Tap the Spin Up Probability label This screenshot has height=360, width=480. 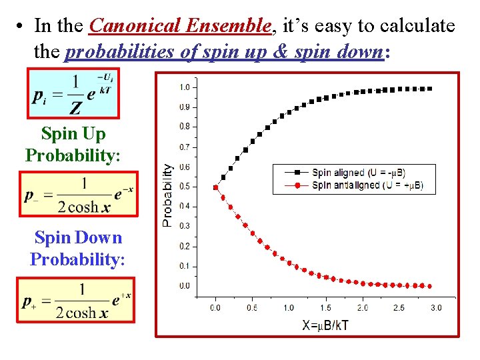coord(73,145)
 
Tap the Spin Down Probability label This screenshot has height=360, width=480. coord(77,249)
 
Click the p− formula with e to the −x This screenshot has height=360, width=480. coord(78,195)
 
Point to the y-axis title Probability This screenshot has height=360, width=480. coord(168,196)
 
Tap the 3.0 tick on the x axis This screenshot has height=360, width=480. coord(435,308)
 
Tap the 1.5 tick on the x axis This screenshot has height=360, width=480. coord(325,308)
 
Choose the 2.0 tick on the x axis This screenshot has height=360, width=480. coord(362,308)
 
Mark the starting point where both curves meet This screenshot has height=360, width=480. coord(215,187)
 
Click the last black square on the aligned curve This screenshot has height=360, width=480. coord(429,88)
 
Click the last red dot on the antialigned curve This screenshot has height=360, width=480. coord(429,286)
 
